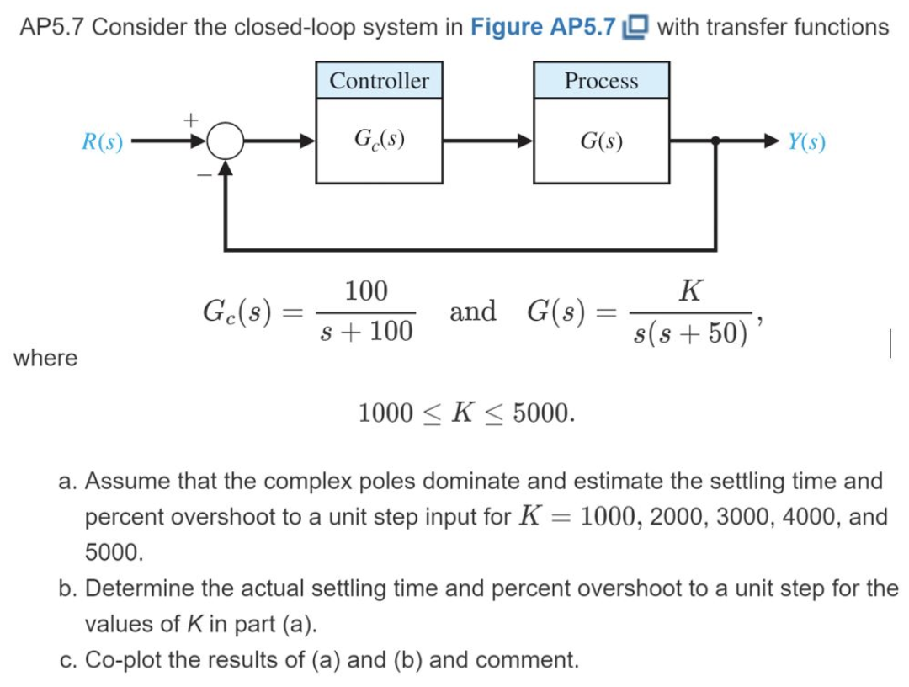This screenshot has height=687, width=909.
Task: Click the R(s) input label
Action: pyautogui.click(x=102, y=141)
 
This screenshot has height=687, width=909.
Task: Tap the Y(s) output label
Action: pyautogui.click(x=806, y=141)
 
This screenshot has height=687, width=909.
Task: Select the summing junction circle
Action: pyautogui.click(x=225, y=142)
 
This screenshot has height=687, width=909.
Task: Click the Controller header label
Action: pyautogui.click(x=379, y=81)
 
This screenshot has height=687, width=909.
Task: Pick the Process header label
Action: pyautogui.click(x=601, y=81)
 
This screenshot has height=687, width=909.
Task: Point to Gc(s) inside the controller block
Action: pyautogui.click(x=379, y=140)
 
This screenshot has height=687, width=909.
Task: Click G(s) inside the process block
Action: pyautogui.click(x=601, y=141)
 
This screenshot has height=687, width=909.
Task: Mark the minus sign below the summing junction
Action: pyautogui.click(x=202, y=174)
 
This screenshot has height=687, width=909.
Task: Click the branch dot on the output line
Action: pyautogui.click(x=715, y=142)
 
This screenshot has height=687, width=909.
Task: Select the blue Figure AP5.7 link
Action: pyautogui.click(x=542, y=27)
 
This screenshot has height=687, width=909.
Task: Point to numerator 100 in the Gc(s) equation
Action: pyautogui.click(x=367, y=290)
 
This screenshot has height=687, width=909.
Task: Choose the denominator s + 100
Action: pyautogui.click(x=367, y=333)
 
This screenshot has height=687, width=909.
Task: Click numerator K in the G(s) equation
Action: pyautogui.click(x=690, y=290)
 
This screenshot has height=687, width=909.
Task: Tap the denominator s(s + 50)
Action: pyautogui.click(x=690, y=333)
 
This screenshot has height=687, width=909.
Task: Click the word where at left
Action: pyautogui.click(x=45, y=358)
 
